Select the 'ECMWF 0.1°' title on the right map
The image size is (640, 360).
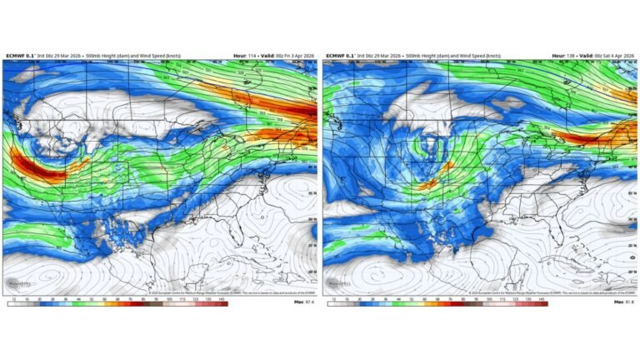click(338, 56)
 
